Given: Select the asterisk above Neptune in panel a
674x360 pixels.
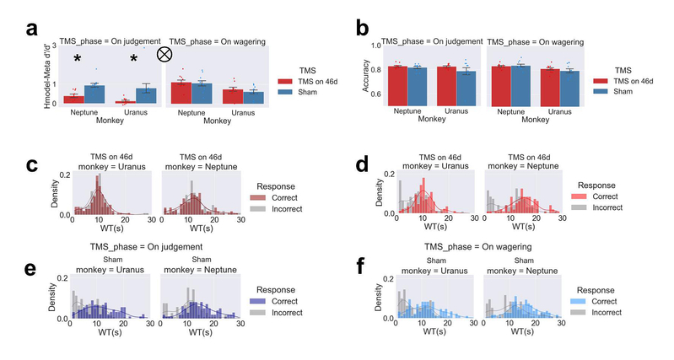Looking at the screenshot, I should [77, 59].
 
